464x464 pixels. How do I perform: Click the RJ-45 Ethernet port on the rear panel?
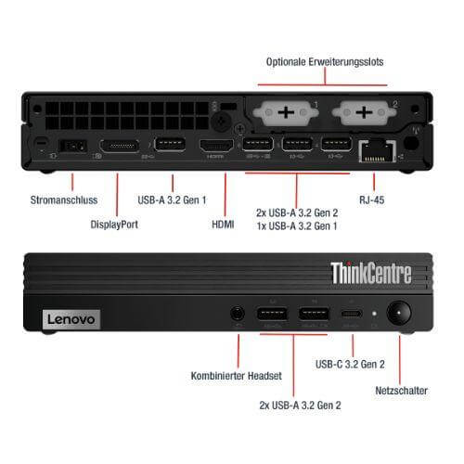pyautogui.click(x=378, y=151)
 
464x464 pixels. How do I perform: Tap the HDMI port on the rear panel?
pyautogui.click(x=216, y=146)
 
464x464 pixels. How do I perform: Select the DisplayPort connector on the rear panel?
pyautogui.click(x=119, y=146)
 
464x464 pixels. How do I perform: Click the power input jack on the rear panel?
pyautogui.click(x=72, y=146)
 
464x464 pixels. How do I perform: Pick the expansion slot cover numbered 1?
pyautogui.click(x=286, y=112)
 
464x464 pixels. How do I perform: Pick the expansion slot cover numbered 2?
pyautogui.click(x=364, y=112)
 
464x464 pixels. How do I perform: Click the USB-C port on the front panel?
pyautogui.click(x=352, y=314)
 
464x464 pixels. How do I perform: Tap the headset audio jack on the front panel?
pyautogui.click(x=238, y=314)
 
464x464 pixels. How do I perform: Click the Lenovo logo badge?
pyautogui.click(x=71, y=319)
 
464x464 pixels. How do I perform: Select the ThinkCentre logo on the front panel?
pyautogui.click(x=371, y=273)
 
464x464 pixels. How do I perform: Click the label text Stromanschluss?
pyautogui.click(x=64, y=200)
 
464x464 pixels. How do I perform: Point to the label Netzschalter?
pyautogui.click(x=401, y=391)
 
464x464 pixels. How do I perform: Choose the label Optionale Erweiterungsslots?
pyautogui.click(x=325, y=62)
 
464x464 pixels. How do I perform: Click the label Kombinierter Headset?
pyautogui.click(x=237, y=376)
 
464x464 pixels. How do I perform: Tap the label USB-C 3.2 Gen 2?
pyautogui.click(x=350, y=364)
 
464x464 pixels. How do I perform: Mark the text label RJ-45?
pyautogui.click(x=372, y=200)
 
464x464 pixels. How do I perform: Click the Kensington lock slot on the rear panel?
pyautogui.click(x=41, y=142)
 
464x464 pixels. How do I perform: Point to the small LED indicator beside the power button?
pyautogui.click(x=374, y=314)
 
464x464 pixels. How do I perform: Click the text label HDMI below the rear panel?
pyautogui.click(x=223, y=225)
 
